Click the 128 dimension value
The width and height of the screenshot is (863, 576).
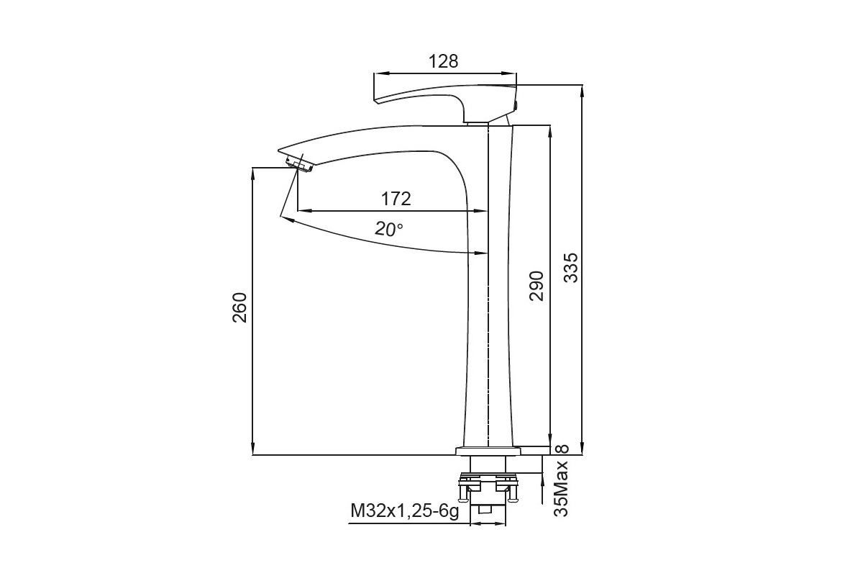click(x=444, y=61)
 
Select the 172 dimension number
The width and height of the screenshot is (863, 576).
click(x=396, y=199)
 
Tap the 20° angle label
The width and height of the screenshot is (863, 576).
click(x=389, y=229)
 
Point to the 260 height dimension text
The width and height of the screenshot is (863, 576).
click(x=239, y=307)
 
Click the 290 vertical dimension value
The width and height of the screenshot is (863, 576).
click(x=536, y=286)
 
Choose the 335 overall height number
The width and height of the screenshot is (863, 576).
click(x=571, y=268)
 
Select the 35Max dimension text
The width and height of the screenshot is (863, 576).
click(x=561, y=488)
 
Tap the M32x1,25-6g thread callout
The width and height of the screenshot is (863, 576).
click(x=404, y=511)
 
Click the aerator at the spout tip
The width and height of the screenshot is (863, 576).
click(x=299, y=164)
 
